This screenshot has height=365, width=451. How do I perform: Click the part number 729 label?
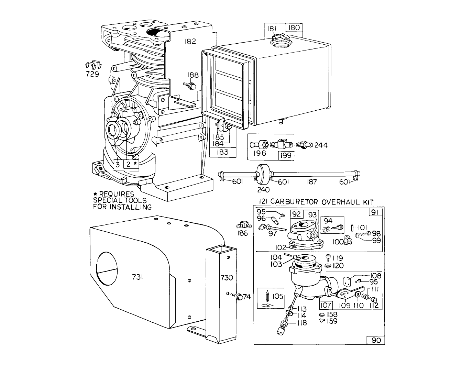click(x=92, y=74)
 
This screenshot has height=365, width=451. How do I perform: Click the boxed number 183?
click(x=223, y=152)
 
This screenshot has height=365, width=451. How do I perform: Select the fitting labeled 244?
click(x=304, y=145)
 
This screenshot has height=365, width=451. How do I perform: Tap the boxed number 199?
click(x=286, y=156)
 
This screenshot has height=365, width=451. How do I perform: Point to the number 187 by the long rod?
click(x=312, y=182)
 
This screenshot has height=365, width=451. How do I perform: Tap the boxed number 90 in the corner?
click(x=376, y=341)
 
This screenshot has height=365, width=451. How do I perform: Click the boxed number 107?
click(x=326, y=305)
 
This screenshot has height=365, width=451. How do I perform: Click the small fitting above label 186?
click(x=244, y=225)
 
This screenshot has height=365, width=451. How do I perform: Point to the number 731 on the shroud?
click(x=137, y=277)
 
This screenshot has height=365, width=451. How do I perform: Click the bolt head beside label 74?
click(x=239, y=297)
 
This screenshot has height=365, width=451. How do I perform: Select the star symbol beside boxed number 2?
click(x=136, y=164)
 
